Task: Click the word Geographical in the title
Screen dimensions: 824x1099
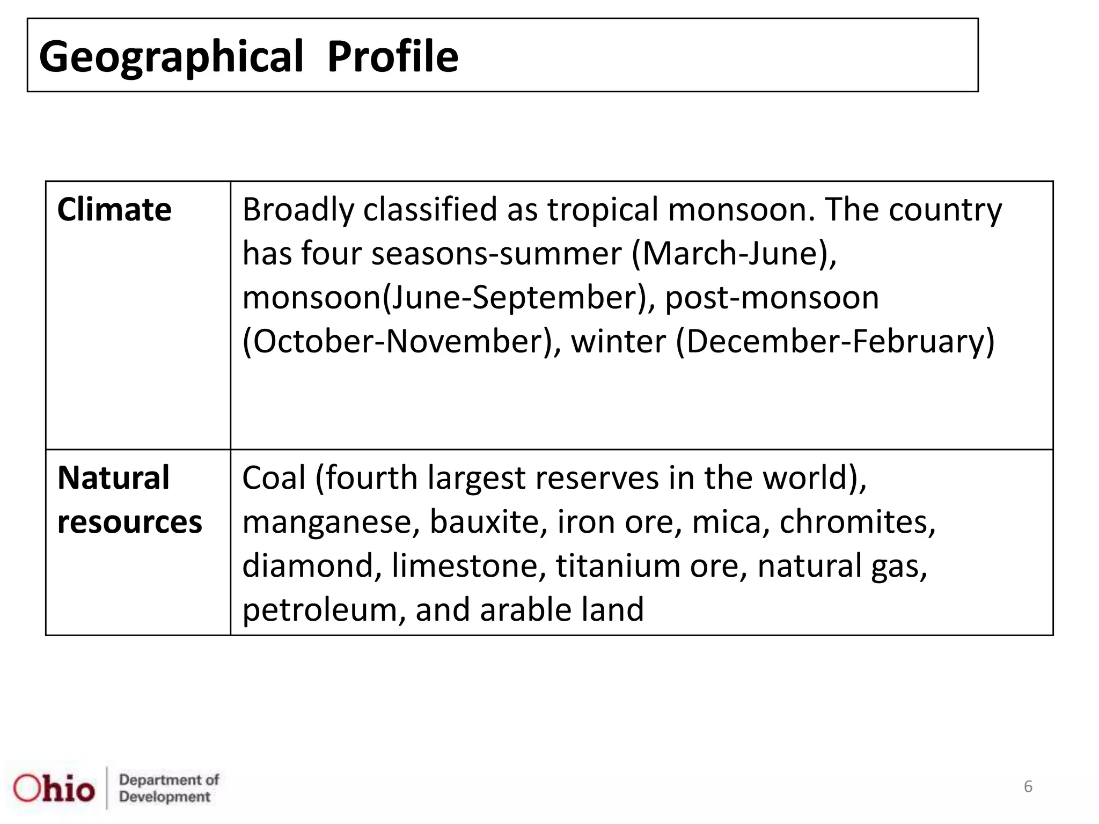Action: click(x=171, y=57)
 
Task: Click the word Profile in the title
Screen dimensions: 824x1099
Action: click(x=393, y=56)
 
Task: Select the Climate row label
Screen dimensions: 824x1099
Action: click(x=114, y=209)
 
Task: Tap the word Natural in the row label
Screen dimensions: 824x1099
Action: click(x=113, y=477)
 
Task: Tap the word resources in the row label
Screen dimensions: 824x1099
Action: click(x=129, y=522)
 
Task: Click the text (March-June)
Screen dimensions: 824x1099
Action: click(x=734, y=253)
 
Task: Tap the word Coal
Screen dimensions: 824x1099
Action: click(x=274, y=477)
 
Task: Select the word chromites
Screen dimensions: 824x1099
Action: click(x=857, y=521)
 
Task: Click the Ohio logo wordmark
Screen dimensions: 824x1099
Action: click(x=54, y=789)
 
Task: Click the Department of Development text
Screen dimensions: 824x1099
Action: click(x=168, y=788)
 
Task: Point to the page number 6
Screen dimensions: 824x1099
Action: click(x=1028, y=786)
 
